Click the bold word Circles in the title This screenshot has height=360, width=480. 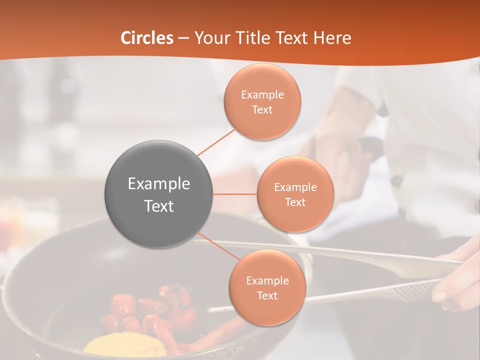click(147, 38)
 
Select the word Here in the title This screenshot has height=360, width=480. click(332, 38)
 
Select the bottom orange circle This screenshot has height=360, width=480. click(267, 310)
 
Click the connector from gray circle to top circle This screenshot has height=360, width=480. click(216, 142)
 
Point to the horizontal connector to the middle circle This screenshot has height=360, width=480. click(235, 194)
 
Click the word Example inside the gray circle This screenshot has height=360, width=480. click(159, 184)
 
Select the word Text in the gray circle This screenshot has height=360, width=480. click(159, 206)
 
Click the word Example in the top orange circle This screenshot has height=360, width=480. click(262, 95)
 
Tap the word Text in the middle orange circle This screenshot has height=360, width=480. click(295, 202)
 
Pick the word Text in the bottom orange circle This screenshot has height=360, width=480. click(267, 296)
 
